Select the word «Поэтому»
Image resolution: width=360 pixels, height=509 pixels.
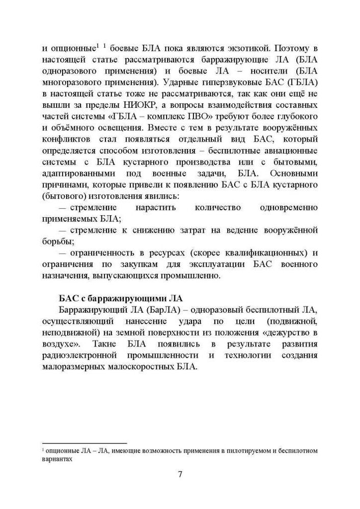292,49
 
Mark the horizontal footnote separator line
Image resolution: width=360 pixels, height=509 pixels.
84,443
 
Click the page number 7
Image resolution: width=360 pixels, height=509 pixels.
180,475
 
